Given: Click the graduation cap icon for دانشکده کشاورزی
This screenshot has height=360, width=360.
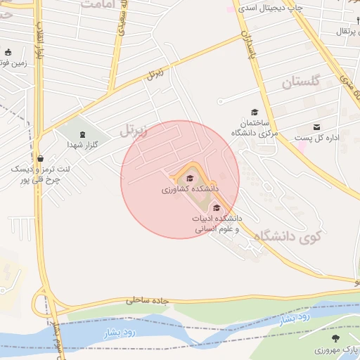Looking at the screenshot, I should [x=190, y=177].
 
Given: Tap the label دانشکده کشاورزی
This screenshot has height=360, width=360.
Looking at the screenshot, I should [x=190, y=189].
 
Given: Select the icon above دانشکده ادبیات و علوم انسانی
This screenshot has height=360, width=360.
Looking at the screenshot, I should [x=217, y=207].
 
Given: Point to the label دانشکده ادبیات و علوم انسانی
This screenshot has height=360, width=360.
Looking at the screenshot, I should [x=217, y=224].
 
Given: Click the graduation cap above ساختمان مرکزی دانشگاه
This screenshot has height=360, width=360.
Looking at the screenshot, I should [x=255, y=112].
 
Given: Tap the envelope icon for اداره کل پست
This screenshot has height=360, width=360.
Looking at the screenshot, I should [x=317, y=127].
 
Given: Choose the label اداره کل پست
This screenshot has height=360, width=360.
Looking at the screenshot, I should [x=316, y=138].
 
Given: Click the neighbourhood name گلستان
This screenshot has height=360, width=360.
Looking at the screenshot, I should [x=301, y=82].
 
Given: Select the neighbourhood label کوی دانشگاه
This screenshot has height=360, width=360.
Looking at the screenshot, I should [x=285, y=238].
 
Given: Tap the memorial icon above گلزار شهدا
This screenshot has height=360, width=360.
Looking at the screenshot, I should [x=82, y=134].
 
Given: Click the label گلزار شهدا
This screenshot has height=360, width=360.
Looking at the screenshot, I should [x=82, y=144].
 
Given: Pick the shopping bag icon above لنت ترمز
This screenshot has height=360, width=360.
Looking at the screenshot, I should [x=40, y=158].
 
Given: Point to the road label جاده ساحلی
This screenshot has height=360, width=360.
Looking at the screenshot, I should [x=148, y=300].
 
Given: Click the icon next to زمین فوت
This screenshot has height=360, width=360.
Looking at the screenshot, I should [x=8, y=52].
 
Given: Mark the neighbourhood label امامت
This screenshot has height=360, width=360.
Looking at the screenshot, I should [x=97, y=4].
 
